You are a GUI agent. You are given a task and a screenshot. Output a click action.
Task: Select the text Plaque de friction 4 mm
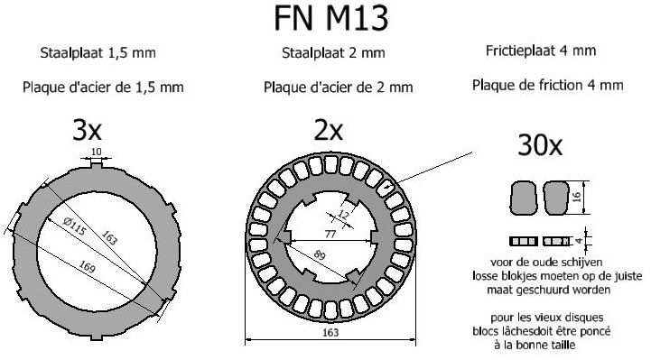tap(547, 86)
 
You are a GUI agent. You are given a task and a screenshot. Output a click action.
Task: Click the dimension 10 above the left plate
tap(97, 152)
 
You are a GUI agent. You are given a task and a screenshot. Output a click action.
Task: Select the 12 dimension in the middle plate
tap(343, 214)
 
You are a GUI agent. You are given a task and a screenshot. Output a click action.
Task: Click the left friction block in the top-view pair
tap(524, 195)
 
